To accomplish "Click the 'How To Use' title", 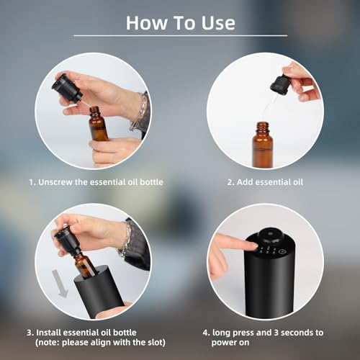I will coord(180,22).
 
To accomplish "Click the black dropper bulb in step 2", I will coord(279,84).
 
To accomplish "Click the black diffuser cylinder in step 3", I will coord(99,292).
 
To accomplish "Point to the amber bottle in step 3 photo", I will coord(84,262).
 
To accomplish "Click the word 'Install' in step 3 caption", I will coord(50,333).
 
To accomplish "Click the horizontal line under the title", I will coord(180,35).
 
